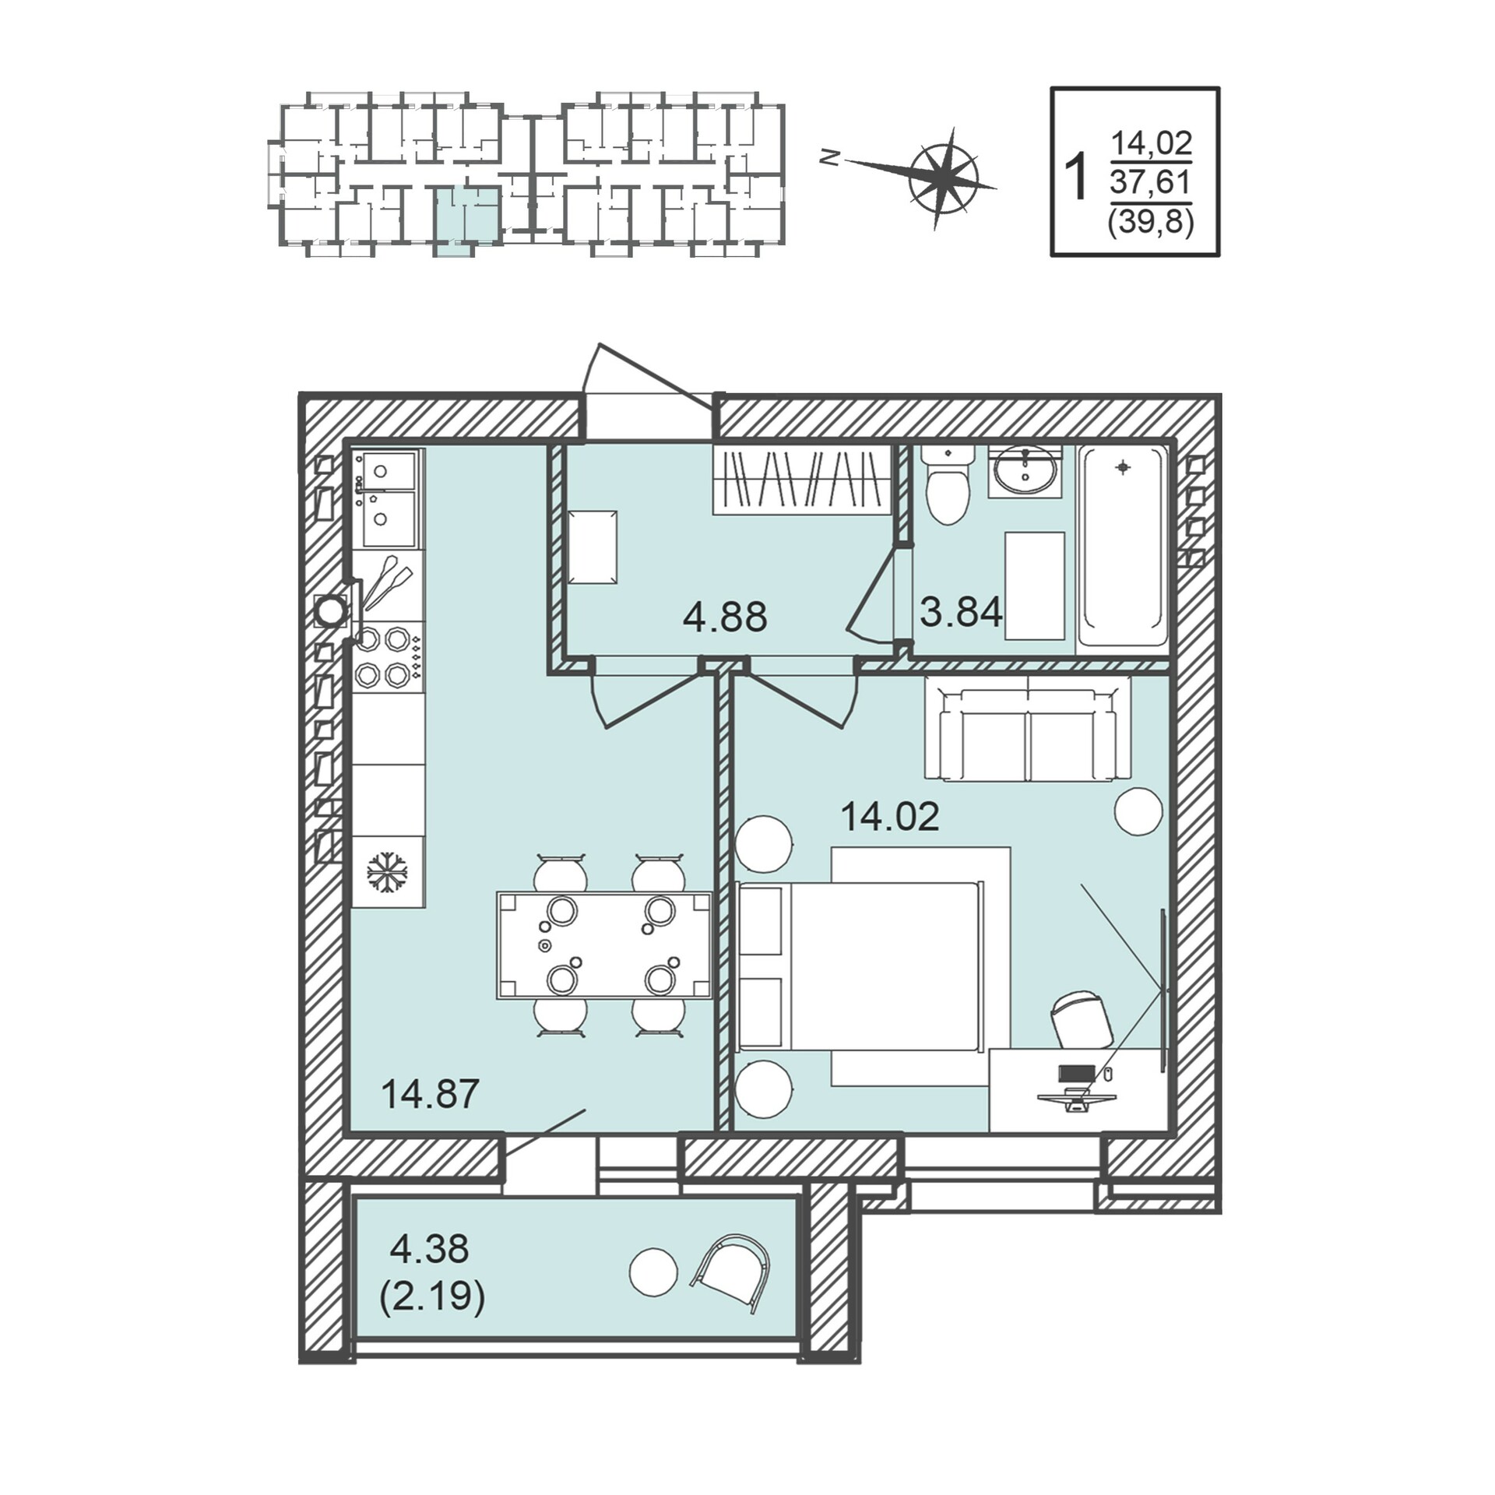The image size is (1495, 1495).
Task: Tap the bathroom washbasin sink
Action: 1026,470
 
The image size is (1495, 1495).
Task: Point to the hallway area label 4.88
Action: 725,617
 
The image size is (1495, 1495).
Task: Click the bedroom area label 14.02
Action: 890,817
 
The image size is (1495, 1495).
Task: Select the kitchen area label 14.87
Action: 430,1093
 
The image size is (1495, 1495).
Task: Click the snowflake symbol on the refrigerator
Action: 388,871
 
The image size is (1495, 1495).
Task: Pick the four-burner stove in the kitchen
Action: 389,656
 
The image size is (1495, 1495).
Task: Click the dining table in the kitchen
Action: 604,945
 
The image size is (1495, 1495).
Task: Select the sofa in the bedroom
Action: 1028,727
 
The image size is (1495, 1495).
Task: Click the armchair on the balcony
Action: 731,1272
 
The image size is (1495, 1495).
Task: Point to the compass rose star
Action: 944,178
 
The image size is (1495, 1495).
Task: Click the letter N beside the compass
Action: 830,158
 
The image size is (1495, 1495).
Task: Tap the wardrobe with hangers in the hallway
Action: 801,479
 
